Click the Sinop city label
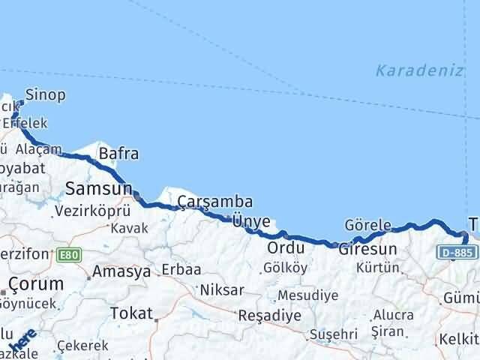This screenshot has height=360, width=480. [x=45, y=95]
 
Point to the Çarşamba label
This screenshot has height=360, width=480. [x=215, y=202]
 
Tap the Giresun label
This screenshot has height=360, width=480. [x=367, y=248]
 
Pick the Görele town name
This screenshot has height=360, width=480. [x=368, y=225]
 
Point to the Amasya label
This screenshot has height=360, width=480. [x=122, y=272]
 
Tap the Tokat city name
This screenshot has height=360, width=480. [x=130, y=313]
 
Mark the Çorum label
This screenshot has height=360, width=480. [x=32, y=283]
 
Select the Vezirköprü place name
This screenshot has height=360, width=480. [x=93, y=211]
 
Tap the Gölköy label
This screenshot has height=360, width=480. [x=286, y=268]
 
